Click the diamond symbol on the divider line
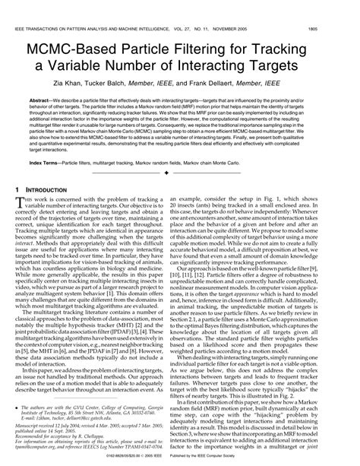[180, 174]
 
